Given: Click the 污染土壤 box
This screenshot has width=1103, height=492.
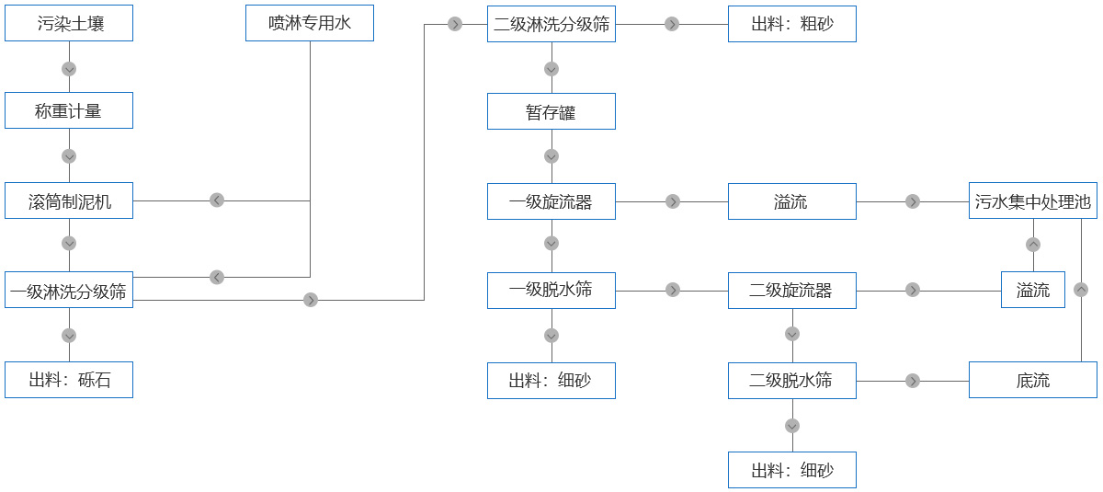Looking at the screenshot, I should click(69, 23).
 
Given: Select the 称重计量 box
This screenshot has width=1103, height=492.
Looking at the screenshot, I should click(69, 110).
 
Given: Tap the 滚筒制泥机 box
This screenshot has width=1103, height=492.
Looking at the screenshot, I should click(69, 200).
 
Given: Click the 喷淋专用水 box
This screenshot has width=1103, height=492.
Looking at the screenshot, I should click(310, 23).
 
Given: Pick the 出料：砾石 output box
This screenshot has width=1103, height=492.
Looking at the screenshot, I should click(69, 380).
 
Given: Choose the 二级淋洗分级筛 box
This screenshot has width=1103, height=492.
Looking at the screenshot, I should click(551, 24).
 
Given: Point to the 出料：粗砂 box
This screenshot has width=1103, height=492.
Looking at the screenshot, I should click(792, 24).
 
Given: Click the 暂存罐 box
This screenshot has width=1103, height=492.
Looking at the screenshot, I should click(551, 111).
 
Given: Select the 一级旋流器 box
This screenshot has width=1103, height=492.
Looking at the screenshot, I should click(551, 201).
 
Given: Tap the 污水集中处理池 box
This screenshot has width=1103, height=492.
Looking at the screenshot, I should click(1033, 201).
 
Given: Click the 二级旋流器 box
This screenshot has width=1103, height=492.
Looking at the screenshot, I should click(792, 290).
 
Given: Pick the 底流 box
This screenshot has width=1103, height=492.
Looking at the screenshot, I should click(1033, 380).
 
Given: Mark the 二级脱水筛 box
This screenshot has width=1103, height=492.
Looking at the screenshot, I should click(792, 380).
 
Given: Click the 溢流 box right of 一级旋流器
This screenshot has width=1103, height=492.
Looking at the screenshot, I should click(792, 201).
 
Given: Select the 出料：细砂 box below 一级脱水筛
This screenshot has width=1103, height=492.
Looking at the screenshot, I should click(551, 380).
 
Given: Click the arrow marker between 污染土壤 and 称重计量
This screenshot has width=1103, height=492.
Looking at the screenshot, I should click(69, 69).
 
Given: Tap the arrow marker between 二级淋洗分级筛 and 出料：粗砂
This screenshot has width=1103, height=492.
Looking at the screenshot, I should click(672, 24).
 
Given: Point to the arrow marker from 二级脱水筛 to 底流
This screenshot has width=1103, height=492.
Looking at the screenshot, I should click(913, 380).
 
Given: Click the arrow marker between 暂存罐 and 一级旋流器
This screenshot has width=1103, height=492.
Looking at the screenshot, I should click(551, 156).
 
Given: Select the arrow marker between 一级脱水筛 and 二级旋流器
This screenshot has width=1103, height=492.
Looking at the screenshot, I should click(672, 290).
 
